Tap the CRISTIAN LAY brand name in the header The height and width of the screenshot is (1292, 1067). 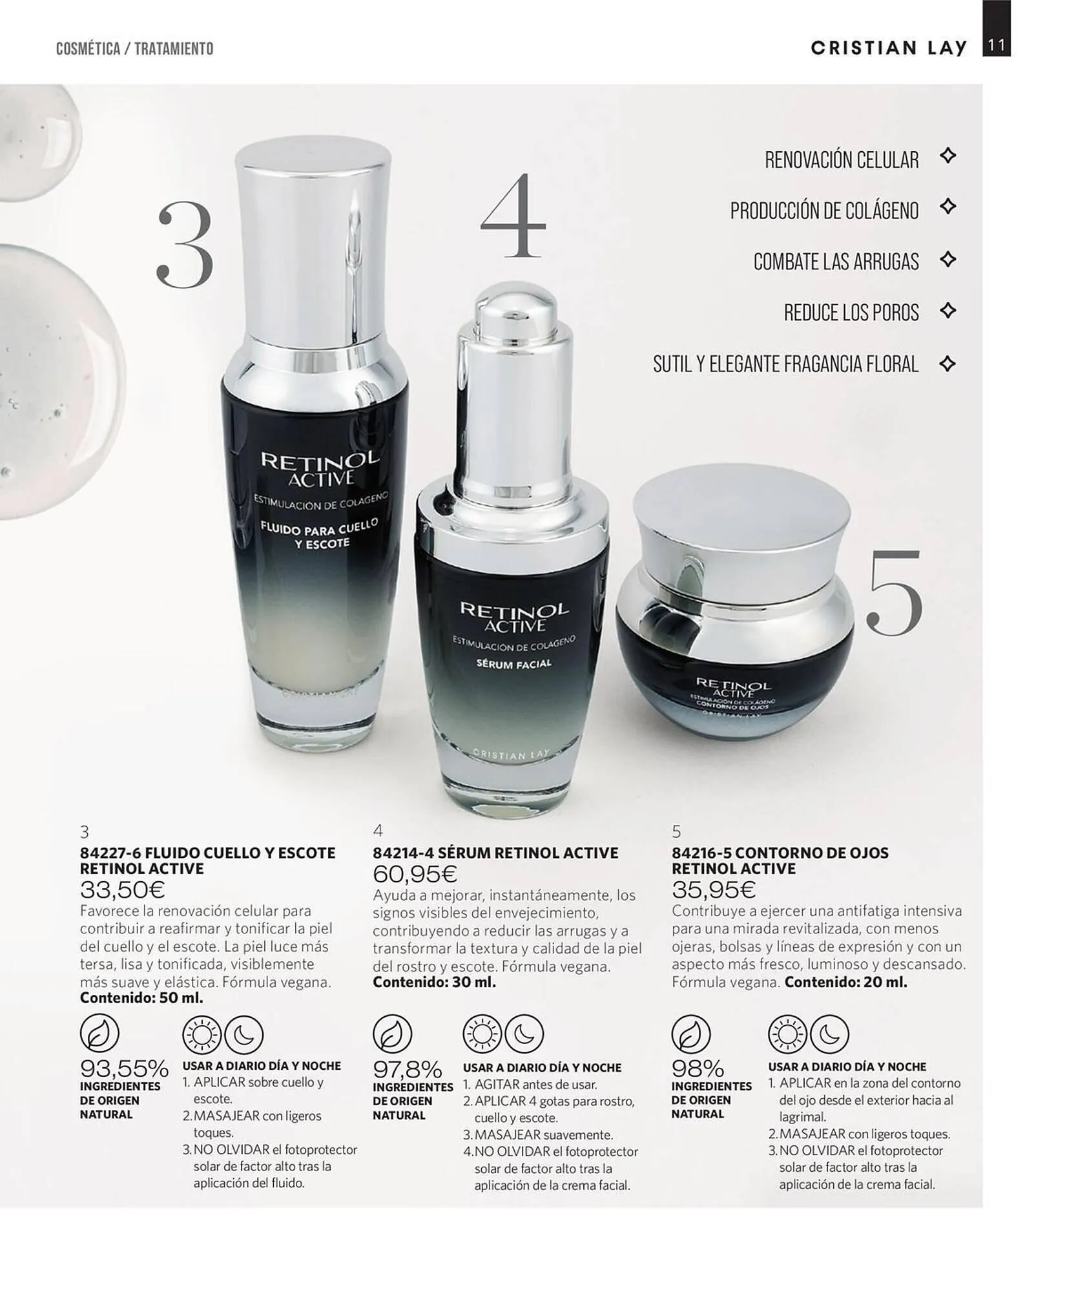click(x=889, y=48)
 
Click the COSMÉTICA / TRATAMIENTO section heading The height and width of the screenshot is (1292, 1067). click(x=134, y=48)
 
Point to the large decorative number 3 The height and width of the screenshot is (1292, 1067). click(x=185, y=244)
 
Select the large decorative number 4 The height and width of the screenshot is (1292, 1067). click(x=513, y=216)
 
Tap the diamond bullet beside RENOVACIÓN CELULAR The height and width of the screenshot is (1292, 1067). click(x=948, y=156)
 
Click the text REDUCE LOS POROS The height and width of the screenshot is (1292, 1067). click(x=851, y=313)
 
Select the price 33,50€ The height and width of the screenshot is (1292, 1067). click(x=123, y=890)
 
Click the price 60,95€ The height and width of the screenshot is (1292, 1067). click(x=415, y=874)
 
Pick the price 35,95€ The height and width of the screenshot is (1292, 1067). click(x=714, y=890)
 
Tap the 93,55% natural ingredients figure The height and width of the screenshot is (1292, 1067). click(x=125, y=1068)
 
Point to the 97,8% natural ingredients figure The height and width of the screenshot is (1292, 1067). click(x=408, y=1069)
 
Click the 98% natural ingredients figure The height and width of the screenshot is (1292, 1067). click(x=698, y=1068)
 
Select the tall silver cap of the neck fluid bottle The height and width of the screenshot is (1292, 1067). click(x=313, y=245)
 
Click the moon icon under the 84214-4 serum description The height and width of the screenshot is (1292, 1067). click(x=524, y=1034)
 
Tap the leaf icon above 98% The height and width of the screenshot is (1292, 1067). click(x=691, y=1034)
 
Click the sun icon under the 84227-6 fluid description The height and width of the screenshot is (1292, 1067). click(x=202, y=1034)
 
